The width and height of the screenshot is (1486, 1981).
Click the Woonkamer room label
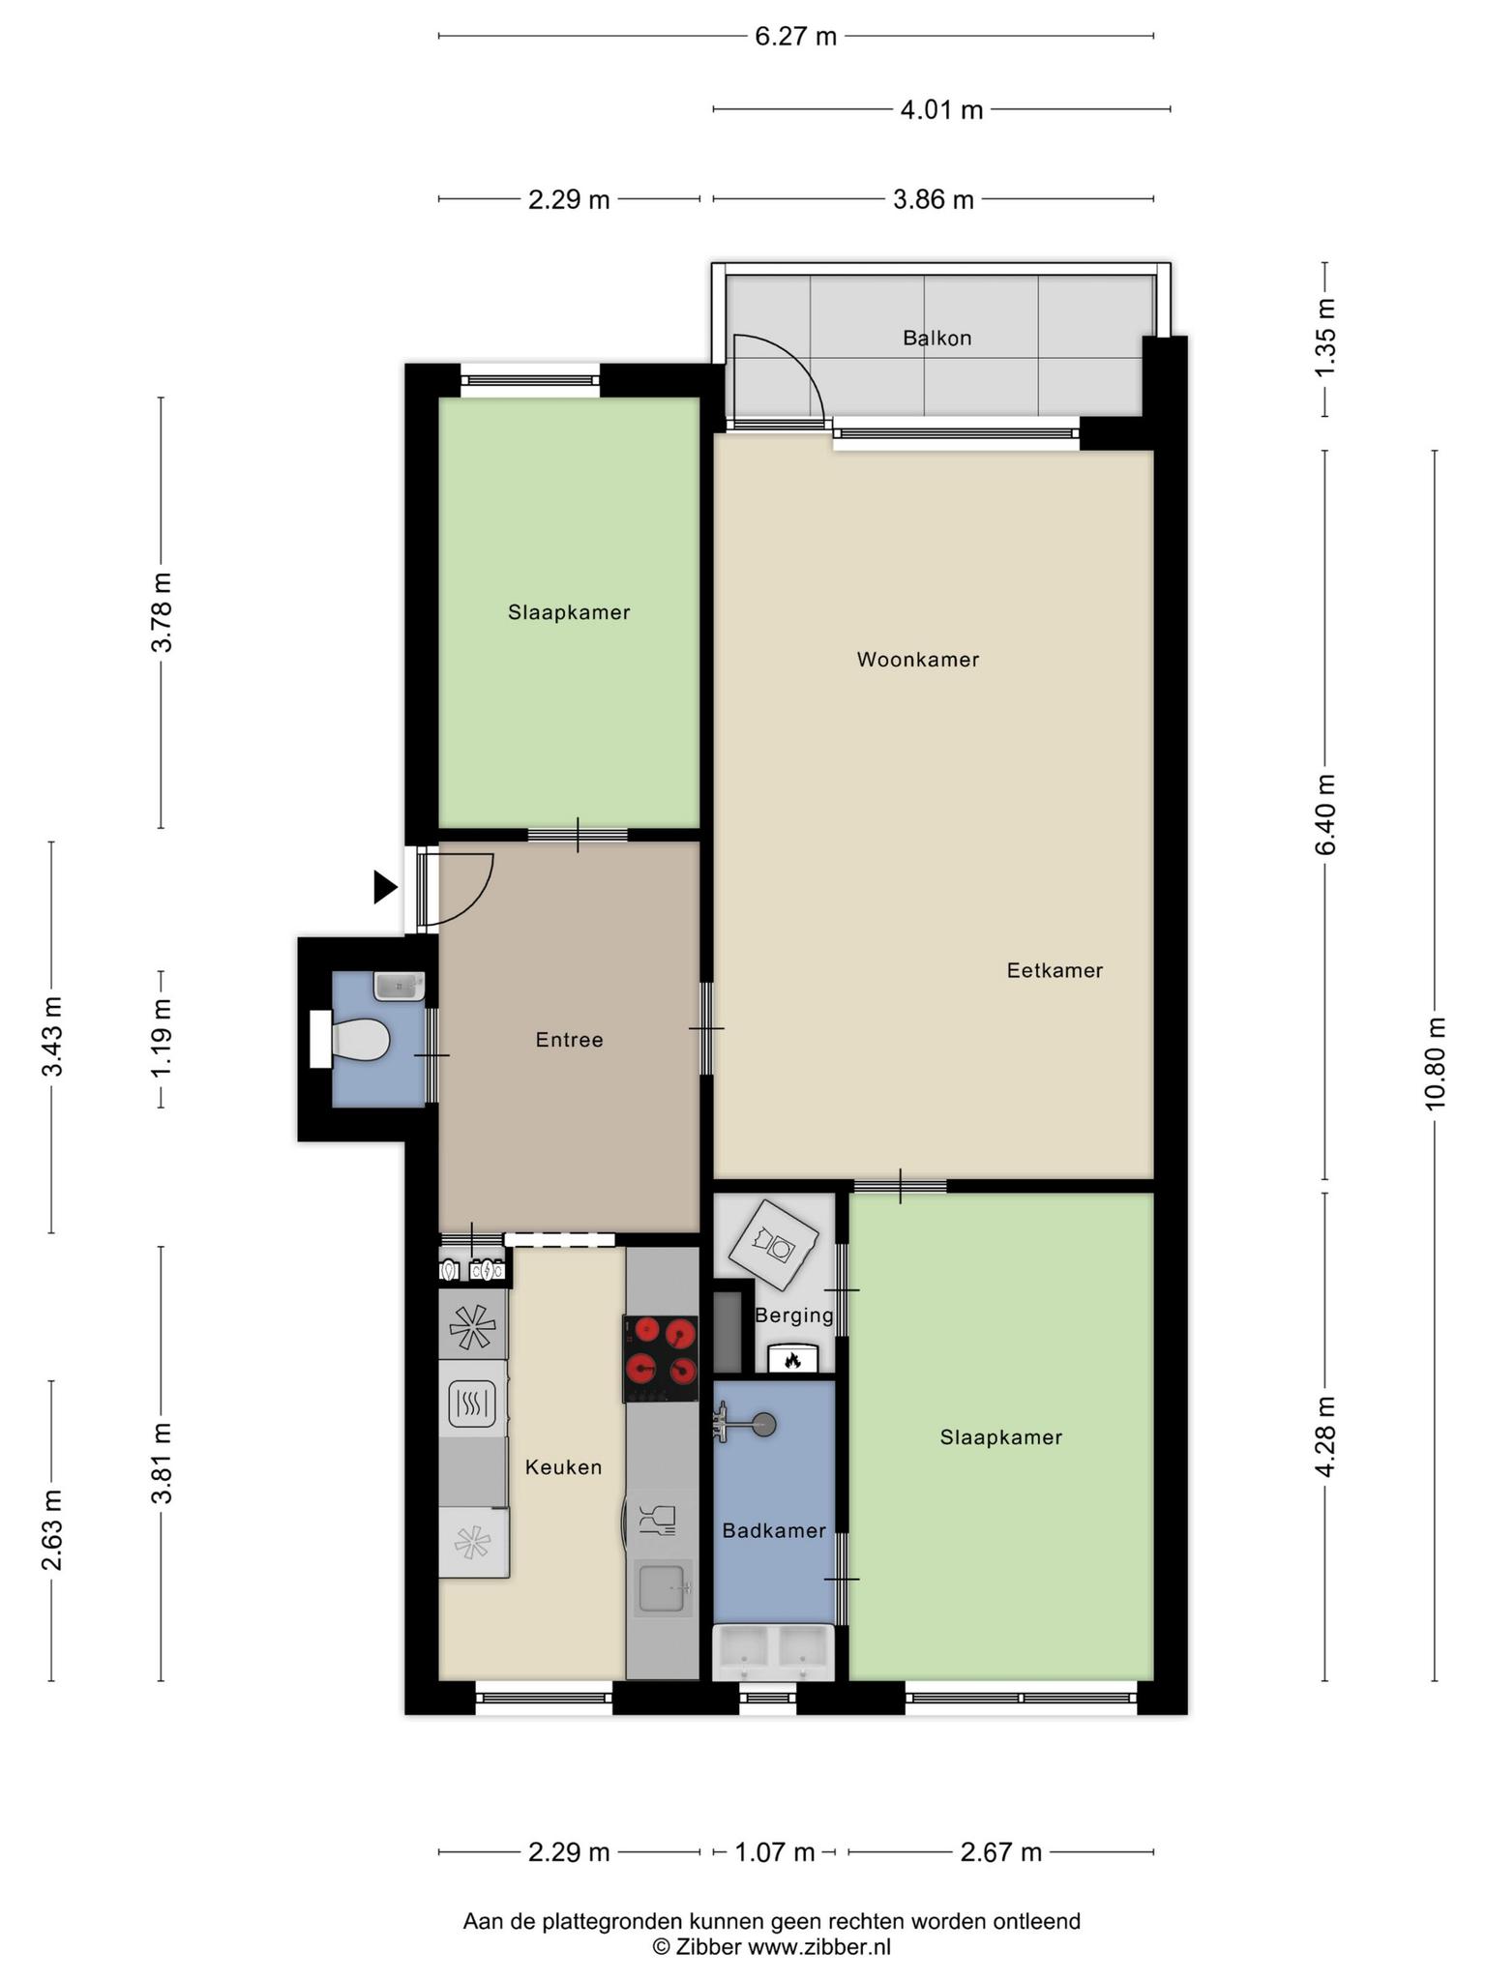pos(917,660)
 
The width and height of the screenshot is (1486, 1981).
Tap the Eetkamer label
pos(1055,970)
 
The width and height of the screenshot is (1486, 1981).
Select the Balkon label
pos(936,338)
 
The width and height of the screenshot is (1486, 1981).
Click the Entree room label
pos(569,1040)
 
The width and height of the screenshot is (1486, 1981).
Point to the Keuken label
pos(563,1467)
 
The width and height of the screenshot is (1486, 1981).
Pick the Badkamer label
pos(774,1530)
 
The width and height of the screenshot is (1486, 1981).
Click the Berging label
pos(794,1316)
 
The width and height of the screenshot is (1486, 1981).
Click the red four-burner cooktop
pos(661,1358)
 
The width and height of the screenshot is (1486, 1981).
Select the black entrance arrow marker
pos(385,887)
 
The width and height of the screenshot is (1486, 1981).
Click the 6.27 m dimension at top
pos(795,37)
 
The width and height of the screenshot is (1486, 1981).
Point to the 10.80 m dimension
pos(1435,1063)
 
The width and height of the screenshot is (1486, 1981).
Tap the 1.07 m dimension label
pos(774,1851)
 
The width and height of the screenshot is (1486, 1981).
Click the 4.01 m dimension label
pos(941,109)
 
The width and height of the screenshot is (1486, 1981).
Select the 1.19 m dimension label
pos(162,1040)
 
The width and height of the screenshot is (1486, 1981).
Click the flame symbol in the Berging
pos(793,1360)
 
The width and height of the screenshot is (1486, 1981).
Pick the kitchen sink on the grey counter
pos(663,1588)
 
